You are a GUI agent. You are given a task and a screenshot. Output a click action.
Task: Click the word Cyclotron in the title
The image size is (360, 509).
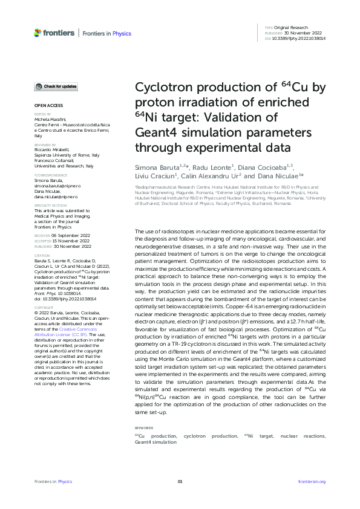pos(165,89)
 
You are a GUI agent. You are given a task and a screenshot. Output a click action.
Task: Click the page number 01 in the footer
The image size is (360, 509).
pos(180,481)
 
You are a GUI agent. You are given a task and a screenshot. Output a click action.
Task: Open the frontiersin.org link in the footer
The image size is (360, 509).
pos(312,481)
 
